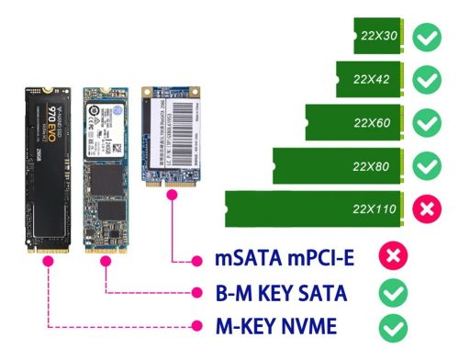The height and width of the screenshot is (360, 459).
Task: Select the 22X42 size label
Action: coord(374,79)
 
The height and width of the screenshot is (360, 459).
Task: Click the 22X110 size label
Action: coord(372,209)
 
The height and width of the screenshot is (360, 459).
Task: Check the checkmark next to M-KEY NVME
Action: coord(394,327)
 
